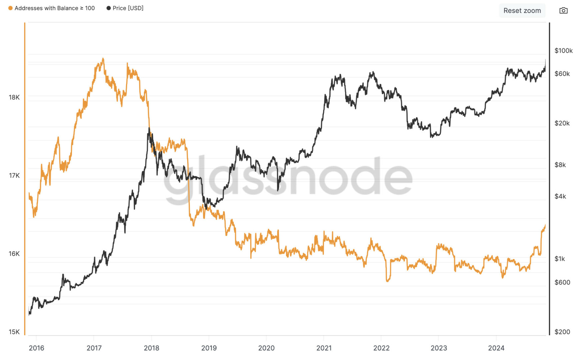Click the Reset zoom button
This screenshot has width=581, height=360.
[x=522, y=11]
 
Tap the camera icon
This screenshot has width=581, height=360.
[x=563, y=11]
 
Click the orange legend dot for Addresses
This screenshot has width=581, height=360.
[x=10, y=8]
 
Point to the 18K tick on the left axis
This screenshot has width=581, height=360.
[x=14, y=97]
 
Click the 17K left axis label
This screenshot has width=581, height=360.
[x=14, y=175]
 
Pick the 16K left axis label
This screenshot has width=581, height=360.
[x=14, y=254]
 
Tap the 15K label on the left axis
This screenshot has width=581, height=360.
[x=14, y=332]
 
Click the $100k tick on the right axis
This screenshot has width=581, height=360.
[x=563, y=51]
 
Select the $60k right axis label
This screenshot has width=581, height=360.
[x=562, y=74]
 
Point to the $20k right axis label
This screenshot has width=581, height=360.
[x=562, y=123]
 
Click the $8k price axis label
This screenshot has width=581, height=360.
[x=560, y=165]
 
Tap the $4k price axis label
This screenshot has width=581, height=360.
[x=560, y=196]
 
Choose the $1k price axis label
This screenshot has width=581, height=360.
[x=560, y=259]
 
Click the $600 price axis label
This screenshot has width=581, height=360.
[x=562, y=282]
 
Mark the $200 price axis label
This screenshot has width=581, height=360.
[x=562, y=332]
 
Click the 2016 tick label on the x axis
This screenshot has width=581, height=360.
[x=36, y=348]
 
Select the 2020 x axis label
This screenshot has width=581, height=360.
[x=266, y=348]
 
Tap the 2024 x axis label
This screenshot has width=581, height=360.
[x=496, y=348]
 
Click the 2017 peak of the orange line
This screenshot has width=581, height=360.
[x=103, y=59]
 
